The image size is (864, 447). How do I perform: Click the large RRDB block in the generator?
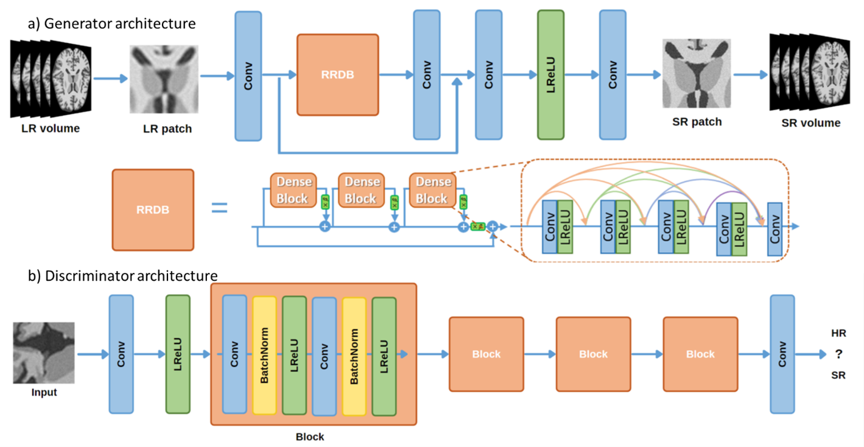[x=337, y=75]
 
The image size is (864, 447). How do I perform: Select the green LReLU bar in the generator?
[x=550, y=75]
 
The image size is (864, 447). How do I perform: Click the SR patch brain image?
[x=697, y=74]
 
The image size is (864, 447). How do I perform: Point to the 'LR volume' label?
[x=51, y=128]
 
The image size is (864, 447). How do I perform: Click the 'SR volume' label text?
[x=810, y=123]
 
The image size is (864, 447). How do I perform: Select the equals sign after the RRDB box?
[x=219, y=209]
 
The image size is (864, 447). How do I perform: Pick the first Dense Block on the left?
[x=292, y=190]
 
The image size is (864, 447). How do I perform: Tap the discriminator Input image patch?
[x=44, y=353]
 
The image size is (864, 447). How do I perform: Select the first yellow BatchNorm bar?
[x=264, y=356]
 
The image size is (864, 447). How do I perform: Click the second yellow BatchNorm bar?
[x=354, y=356]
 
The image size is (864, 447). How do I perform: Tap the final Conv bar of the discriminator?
[x=782, y=354]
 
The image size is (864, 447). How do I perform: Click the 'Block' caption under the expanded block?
[x=310, y=437]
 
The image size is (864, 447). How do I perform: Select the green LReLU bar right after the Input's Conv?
[x=178, y=354]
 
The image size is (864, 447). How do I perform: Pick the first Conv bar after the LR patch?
[x=248, y=76]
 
